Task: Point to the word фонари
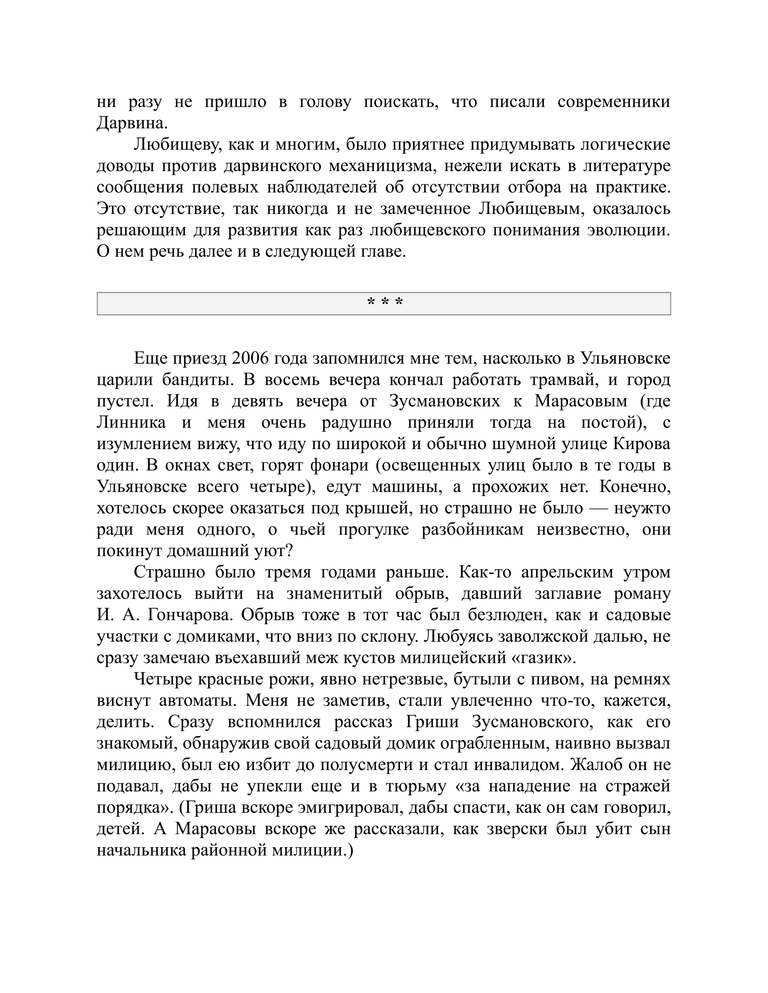pos(340,465)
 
